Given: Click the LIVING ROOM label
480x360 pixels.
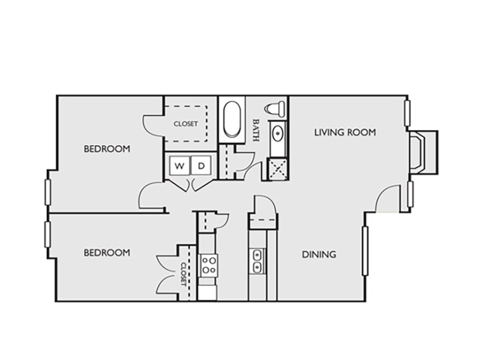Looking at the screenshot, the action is click(x=345, y=132).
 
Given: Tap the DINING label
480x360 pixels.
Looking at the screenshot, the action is click(x=319, y=254).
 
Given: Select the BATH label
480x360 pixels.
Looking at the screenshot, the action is click(x=256, y=130).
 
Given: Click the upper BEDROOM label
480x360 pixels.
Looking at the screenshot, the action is click(x=107, y=149).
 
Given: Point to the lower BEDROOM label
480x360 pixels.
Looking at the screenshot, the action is click(x=107, y=253).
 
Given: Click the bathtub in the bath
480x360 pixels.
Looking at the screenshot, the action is click(x=232, y=119).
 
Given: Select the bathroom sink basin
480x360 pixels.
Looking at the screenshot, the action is click(x=278, y=134).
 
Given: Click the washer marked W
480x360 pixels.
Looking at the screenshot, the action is click(x=179, y=166).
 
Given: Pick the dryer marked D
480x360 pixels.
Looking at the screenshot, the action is click(x=201, y=166).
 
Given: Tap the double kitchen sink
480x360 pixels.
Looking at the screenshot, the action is click(x=257, y=261).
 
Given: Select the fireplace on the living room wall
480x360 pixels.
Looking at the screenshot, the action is click(x=423, y=152).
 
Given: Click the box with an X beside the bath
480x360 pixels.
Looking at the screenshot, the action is click(x=278, y=169).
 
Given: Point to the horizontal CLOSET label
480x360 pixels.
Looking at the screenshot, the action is click(x=186, y=124).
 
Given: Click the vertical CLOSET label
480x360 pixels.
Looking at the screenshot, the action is click(x=184, y=274).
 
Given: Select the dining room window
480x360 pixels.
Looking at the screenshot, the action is click(x=365, y=251).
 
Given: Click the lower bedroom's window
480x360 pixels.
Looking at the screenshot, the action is click(x=47, y=235).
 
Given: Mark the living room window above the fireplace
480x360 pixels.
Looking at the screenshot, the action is click(x=407, y=113).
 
